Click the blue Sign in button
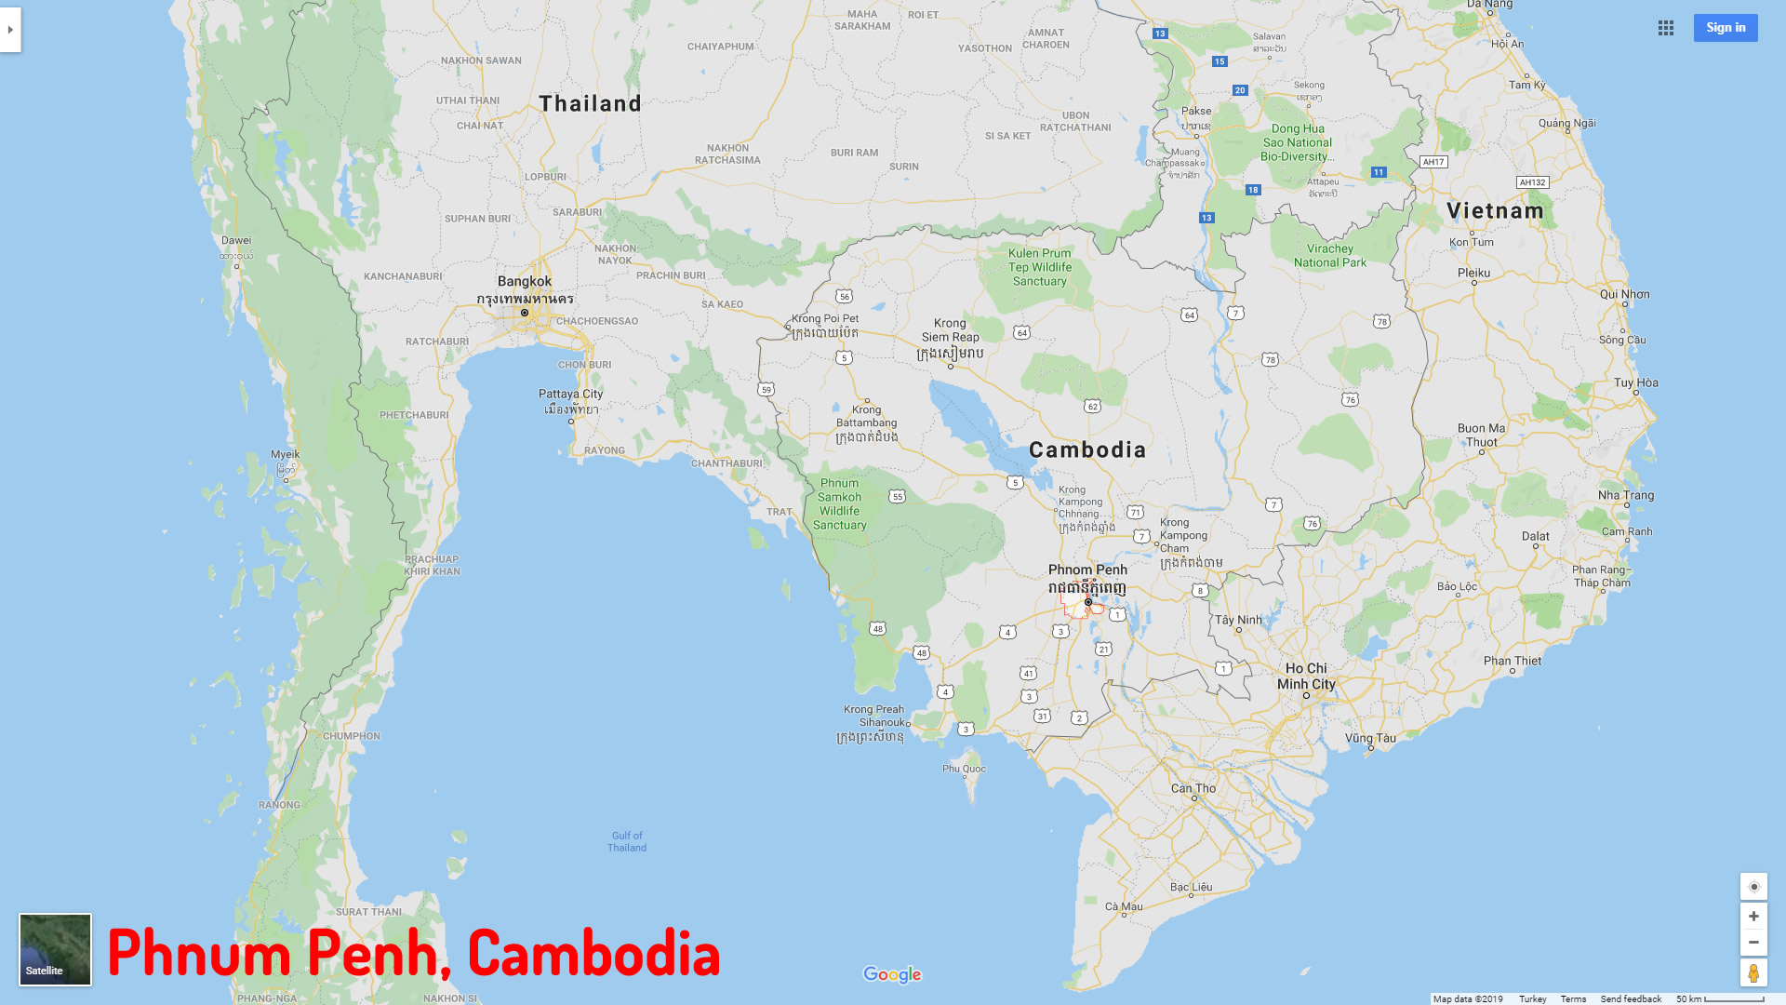[x=1725, y=28]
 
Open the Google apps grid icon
[x=1665, y=28]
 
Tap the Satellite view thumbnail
[x=56, y=949]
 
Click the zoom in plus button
[x=1753, y=917]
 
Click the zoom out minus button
[x=1753, y=943]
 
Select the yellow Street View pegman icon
[x=1753, y=973]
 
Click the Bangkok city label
[x=525, y=281]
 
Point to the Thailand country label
[x=590, y=103]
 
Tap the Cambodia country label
[x=1087, y=450]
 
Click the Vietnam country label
[x=1495, y=211]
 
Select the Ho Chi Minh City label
[x=1306, y=676]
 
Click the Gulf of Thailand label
[x=627, y=841]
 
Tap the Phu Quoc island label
[x=964, y=769]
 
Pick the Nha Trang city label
[x=1626, y=495]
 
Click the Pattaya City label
[x=570, y=394]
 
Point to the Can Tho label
[x=1193, y=788]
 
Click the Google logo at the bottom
[x=892, y=974]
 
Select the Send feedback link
[x=1631, y=998]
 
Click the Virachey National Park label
[x=1330, y=256]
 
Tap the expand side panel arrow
[x=10, y=30]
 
